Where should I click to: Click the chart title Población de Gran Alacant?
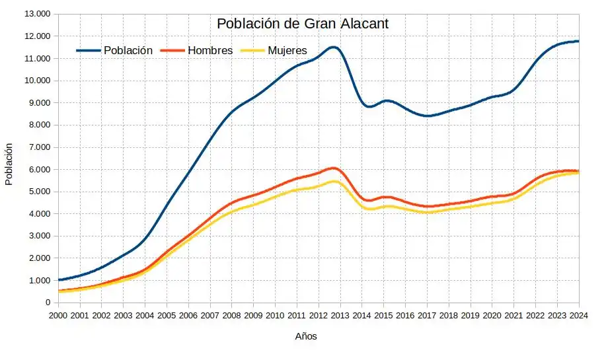(303, 24)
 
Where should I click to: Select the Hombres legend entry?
(209, 50)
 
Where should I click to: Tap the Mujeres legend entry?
(287, 50)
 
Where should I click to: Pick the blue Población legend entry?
(127, 50)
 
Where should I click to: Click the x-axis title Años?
(305, 336)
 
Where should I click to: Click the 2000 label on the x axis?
(58, 315)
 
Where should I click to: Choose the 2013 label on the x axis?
(340, 315)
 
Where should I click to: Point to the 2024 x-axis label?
(579, 315)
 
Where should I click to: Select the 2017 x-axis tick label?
(427, 315)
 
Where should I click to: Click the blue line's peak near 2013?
(333, 47)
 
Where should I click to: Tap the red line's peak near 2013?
(333, 168)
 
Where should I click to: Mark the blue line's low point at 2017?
(428, 116)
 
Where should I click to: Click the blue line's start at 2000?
(59, 280)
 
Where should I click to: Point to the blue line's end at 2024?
(578, 41)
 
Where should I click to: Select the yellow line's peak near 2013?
(334, 181)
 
